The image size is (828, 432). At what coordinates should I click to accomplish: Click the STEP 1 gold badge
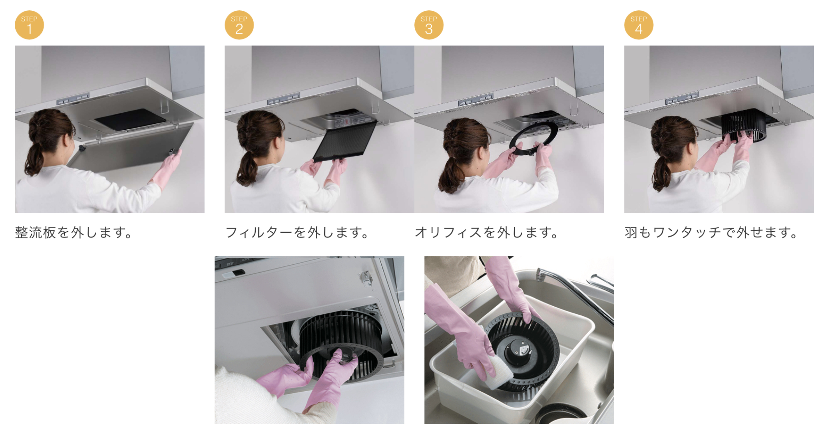tap(29, 25)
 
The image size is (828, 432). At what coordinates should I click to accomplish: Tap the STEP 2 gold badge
tap(239, 25)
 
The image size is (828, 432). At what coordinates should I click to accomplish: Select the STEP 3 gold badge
tap(429, 25)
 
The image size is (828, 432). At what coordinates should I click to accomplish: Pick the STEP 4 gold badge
tap(639, 25)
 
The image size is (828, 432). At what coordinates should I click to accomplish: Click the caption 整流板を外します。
tap(74, 232)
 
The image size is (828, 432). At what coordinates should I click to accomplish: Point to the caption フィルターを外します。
tap(297, 232)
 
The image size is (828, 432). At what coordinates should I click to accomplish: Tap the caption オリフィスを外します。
tap(487, 232)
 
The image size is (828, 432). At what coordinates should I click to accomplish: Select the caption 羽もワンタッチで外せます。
tap(712, 232)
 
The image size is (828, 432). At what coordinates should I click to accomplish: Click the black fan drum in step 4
tap(744, 125)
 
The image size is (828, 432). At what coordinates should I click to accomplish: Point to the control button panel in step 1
tap(73, 99)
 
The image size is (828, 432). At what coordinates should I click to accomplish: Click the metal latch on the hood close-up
tap(365, 277)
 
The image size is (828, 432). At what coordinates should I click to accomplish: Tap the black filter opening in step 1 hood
tap(131, 119)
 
